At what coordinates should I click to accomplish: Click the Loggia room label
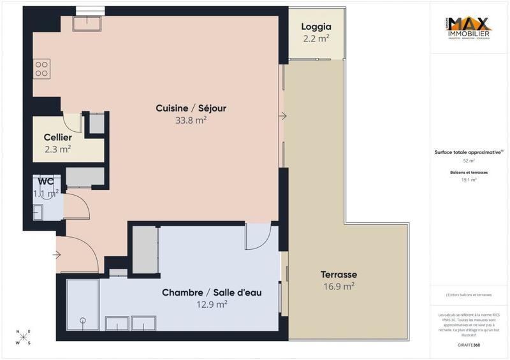point(316,27)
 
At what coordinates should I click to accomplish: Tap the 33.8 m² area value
point(191,120)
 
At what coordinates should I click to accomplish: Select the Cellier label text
point(57,138)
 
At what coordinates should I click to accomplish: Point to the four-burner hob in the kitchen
point(41,68)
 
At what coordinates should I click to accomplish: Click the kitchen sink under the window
point(86,24)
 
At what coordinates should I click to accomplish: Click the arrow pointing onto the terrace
point(282,117)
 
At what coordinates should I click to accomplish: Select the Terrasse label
point(338,274)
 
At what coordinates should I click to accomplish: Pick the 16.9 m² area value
point(338,287)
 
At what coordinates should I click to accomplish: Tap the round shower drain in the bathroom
point(82,320)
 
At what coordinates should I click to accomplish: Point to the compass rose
point(24,337)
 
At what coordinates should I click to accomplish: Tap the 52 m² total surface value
point(469,161)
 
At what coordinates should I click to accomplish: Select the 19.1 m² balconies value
point(469,180)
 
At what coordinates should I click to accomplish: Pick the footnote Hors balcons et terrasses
point(469,295)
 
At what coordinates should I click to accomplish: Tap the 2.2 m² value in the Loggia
point(316,39)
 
